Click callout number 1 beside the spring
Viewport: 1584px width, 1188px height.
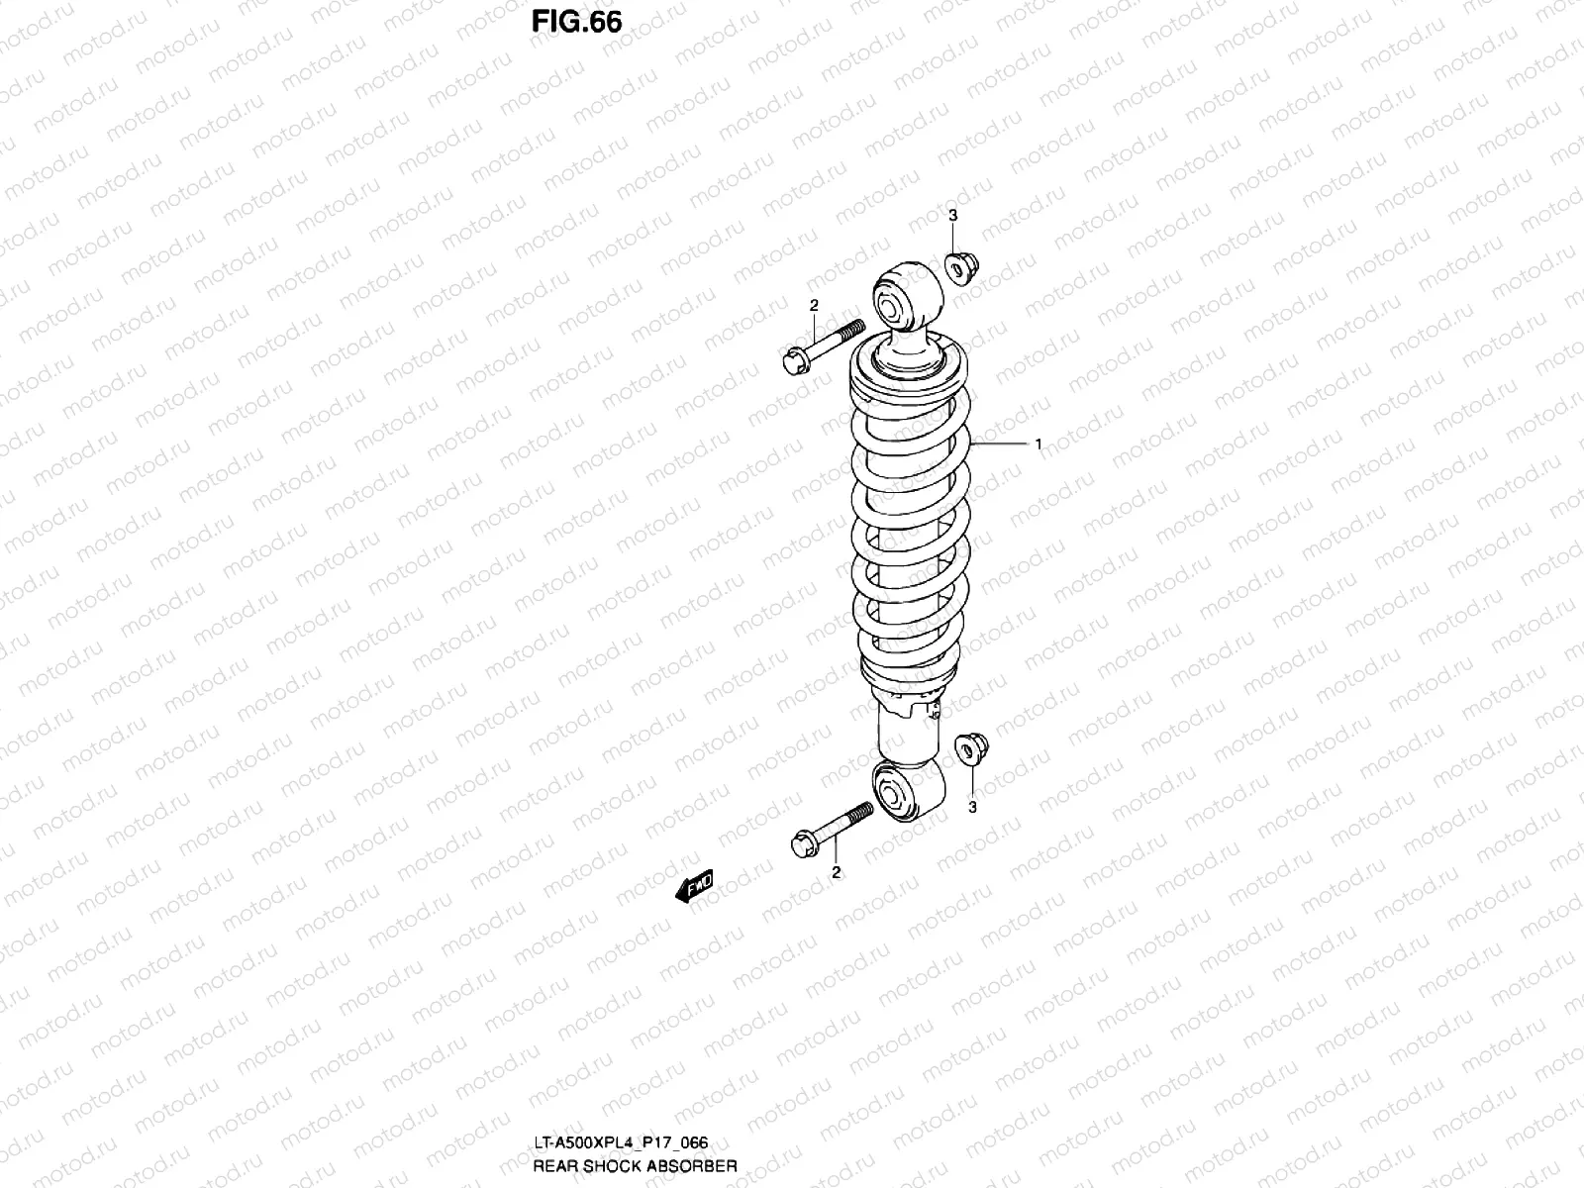(1038, 445)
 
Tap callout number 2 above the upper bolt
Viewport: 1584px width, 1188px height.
(814, 305)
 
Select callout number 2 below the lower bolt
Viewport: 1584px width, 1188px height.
(837, 872)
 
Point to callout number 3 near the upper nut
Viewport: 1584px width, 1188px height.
(952, 215)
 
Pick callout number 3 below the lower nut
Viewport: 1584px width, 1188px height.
(972, 807)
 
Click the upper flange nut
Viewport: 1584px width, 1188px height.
(958, 266)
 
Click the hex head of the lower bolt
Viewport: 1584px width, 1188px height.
(805, 846)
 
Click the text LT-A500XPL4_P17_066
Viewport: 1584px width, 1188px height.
(620, 1142)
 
